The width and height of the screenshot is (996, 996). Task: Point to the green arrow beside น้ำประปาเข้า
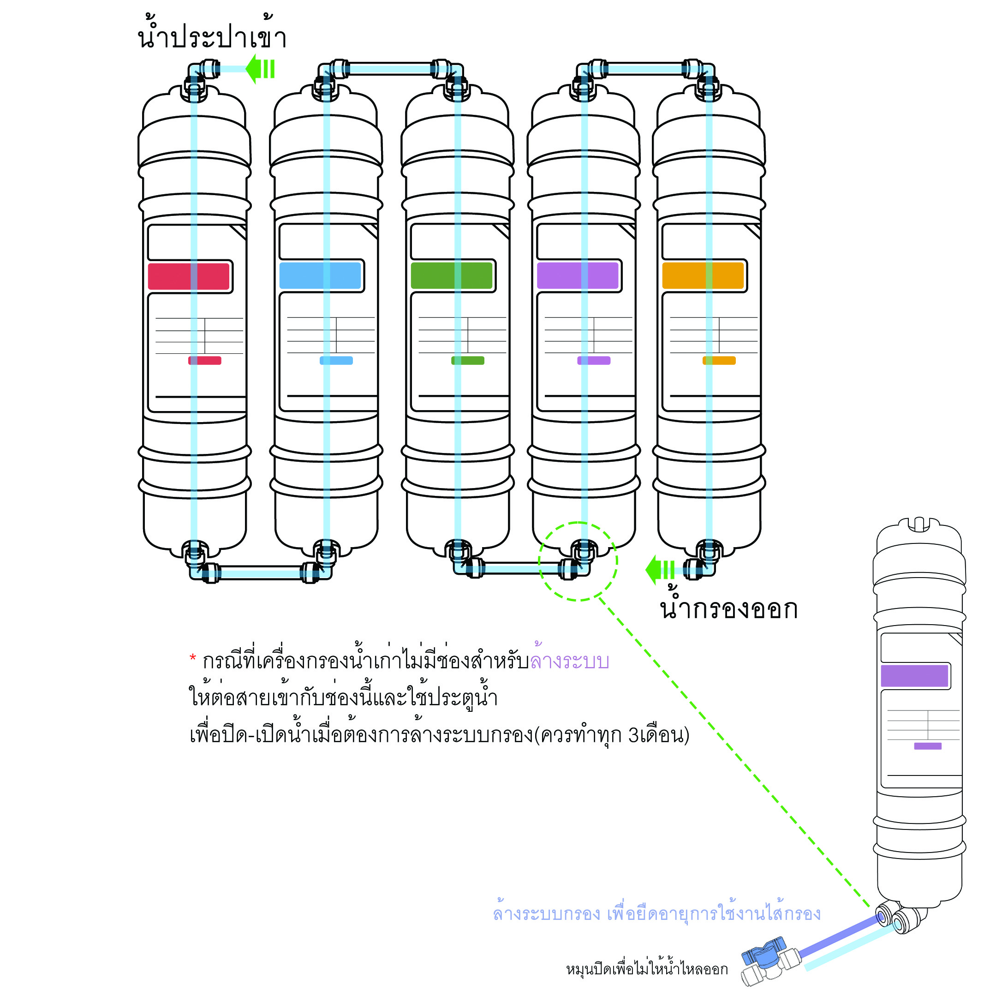coord(261,69)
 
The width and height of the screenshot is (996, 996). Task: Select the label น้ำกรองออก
coord(729,608)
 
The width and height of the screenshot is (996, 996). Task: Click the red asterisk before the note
coord(193,658)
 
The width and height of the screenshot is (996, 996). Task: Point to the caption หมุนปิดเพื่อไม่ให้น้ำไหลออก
coord(647,970)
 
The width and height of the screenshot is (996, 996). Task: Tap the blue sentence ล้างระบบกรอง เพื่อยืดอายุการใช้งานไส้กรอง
coord(657,914)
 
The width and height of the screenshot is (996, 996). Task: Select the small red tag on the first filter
coord(205,361)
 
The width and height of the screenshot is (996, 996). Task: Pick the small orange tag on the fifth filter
coord(719,361)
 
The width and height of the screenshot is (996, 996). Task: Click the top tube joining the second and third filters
coord(390,69)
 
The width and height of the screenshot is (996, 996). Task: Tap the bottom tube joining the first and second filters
coord(260,572)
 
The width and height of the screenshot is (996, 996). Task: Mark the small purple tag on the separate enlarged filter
coord(928,746)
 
